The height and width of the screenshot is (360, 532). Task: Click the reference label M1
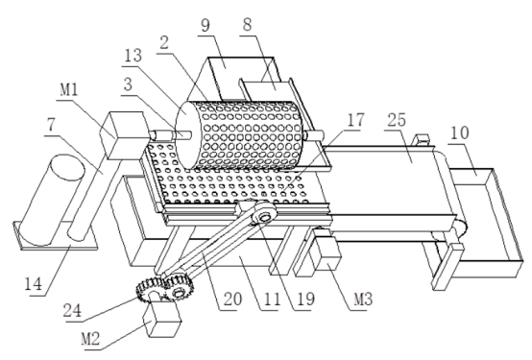pos(69,90)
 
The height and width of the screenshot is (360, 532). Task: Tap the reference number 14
pos(34,283)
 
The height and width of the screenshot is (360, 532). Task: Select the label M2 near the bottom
pos(90,339)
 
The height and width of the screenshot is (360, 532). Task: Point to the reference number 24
pos(72,310)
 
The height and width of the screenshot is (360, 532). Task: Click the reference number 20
pos(232,299)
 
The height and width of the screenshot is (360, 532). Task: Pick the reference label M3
pos(363,300)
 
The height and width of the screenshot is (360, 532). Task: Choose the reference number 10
pos(460,133)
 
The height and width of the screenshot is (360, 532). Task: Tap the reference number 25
pos(397,120)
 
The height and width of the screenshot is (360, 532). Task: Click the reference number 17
pos(355,120)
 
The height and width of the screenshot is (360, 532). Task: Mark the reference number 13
pos(133,56)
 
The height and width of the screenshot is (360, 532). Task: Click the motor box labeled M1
pos(124,135)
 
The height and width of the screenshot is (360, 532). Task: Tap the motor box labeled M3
pos(325,252)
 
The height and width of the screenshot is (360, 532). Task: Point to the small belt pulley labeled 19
pos(264,213)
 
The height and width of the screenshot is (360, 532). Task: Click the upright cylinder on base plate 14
pos(51,200)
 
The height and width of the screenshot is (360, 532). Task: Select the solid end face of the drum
pos(185,135)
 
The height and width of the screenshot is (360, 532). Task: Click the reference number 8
pos(248,25)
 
